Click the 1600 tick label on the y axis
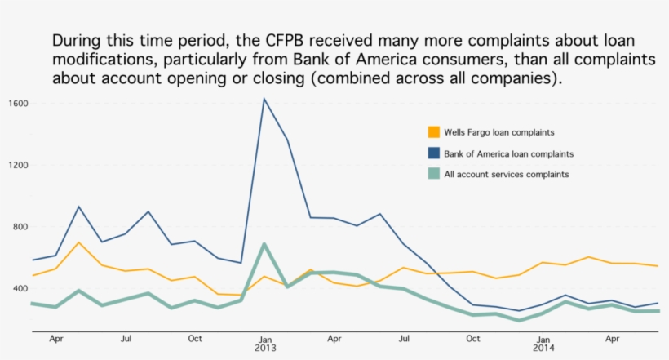(19, 104)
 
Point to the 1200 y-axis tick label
(19, 165)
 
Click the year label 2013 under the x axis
(265, 348)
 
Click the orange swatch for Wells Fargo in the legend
(435, 131)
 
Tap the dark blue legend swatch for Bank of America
(435, 153)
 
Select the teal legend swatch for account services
(435, 173)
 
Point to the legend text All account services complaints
(507, 174)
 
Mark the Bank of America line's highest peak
(264, 99)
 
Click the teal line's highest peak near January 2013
(264, 243)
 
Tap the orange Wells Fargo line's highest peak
(78, 242)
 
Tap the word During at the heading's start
(78, 41)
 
